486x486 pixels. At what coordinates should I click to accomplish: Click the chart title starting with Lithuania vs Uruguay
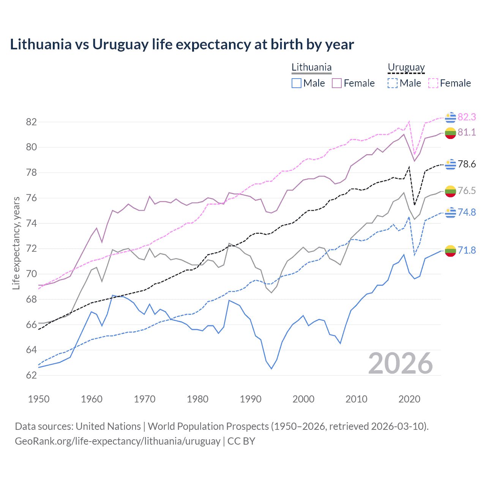(x=182, y=44)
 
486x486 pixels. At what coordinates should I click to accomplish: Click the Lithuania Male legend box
(x=297, y=83)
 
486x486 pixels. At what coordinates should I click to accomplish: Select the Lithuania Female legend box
(x=337, y=83)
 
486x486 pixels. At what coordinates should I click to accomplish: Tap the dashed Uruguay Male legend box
(x=393, y=83)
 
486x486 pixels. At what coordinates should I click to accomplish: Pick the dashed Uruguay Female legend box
(x=433, y=83)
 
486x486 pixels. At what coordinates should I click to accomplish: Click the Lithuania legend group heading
(x=311, y=68)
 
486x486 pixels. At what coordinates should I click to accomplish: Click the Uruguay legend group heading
(x=406, y=68)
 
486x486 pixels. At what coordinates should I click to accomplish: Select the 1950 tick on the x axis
(x=39, y=399)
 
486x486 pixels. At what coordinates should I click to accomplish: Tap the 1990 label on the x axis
(x=251, y=399)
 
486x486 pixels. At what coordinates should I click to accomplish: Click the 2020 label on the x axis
(x=409, y=399)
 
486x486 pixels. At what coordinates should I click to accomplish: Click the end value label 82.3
(x=467, y=117)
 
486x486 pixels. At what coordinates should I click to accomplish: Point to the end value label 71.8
(x=467, y=250)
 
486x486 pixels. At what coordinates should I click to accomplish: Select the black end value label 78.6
(x=467, y=164)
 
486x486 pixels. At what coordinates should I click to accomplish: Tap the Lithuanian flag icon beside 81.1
(x=450, y=133)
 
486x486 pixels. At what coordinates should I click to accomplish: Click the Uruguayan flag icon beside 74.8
(x=450, y=213)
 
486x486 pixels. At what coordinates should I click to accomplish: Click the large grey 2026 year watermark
(x=401, y=363)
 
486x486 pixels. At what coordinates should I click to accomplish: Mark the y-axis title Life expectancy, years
(x=16, y=243)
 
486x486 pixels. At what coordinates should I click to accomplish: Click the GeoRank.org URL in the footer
(x=118, y=441)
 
